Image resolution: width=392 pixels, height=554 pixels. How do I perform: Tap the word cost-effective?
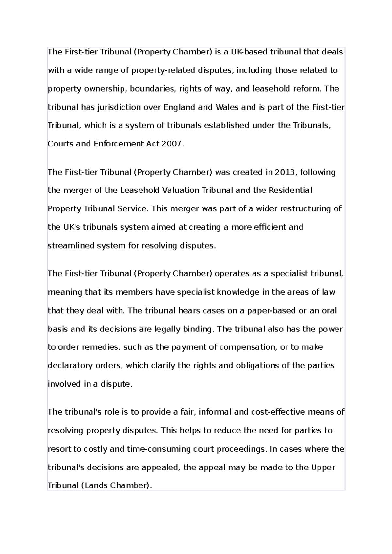click(279, 412)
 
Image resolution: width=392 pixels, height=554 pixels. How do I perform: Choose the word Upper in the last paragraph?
click(323, 467)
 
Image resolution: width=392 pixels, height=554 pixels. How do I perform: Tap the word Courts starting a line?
click(60, 144)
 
